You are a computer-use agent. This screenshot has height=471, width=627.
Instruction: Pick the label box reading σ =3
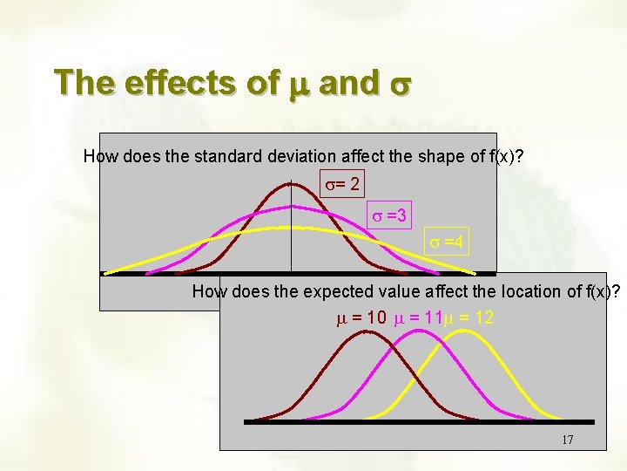click(x=390, y=214)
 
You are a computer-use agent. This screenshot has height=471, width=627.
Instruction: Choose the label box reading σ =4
click(x=447, y=242)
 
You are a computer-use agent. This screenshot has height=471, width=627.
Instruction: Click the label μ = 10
click(x=362, y=318)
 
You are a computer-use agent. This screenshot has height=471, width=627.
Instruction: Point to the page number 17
click(x=567, y=440)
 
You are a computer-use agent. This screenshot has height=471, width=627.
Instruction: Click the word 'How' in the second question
click(x=208, y=291)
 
